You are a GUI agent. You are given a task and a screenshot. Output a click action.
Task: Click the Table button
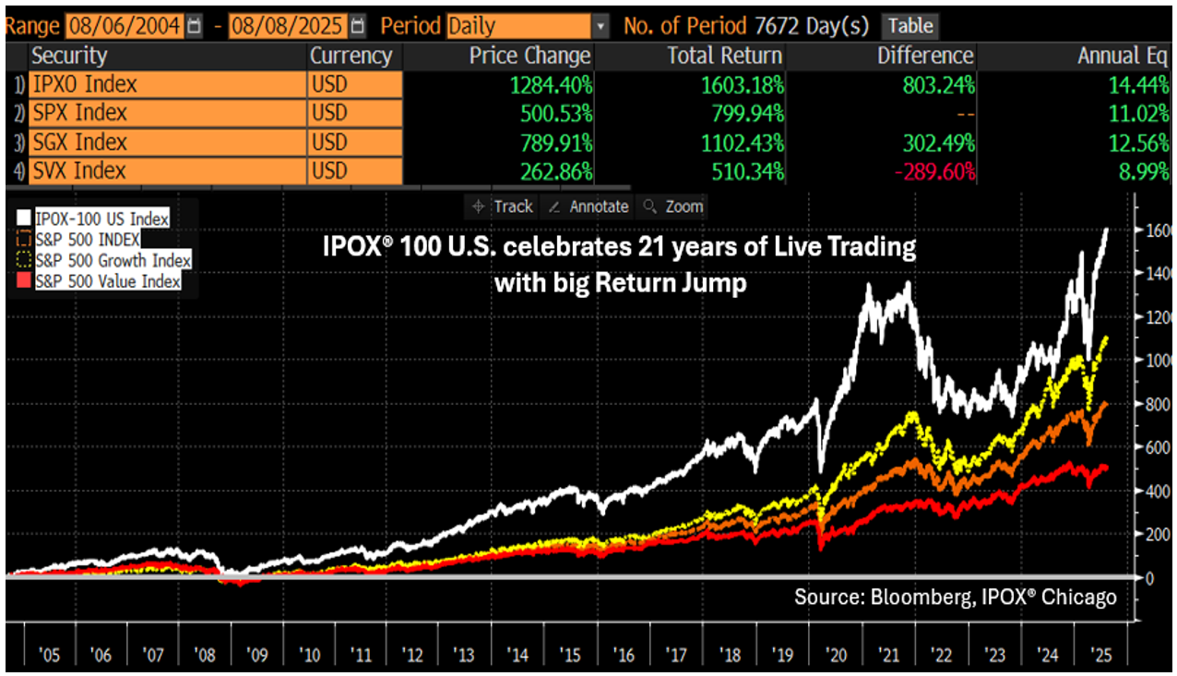click(x=910, y=26)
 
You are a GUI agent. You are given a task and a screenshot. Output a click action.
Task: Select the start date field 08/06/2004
click(x=125, y=26)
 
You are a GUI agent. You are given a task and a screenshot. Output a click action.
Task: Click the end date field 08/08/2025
click(x=288, y=26)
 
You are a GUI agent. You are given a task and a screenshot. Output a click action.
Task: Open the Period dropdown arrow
click(x=600, y=26)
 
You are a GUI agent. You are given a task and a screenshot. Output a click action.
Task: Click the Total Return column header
click(x=725, y=55)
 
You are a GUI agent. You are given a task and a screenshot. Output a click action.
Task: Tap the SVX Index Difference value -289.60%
click(x=934, y=172)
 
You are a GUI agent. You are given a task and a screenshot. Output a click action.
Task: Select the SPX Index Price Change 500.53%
click(x=556, y=113)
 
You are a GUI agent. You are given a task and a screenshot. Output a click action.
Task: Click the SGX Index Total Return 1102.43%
click(x=743, y=143)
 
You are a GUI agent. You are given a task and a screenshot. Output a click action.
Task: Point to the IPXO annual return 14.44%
click(x=1138, y=85)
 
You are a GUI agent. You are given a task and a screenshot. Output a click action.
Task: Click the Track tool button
click(x=503, y=207)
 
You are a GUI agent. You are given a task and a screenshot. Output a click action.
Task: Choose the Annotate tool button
click(x=588, y=207)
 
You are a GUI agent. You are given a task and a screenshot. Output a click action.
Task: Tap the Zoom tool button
click(x=673, y=207)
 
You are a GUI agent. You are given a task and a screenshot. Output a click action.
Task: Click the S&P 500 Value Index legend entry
click(x=99, y=281)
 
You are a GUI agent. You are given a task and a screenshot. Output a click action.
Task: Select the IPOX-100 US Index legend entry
click(x=93, y=219)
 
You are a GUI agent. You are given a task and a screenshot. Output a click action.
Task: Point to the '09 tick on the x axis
click(x=257, y=655)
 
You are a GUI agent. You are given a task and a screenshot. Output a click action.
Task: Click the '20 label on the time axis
click(x=836, y=655)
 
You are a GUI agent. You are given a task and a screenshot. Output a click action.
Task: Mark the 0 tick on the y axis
click(x=1149, y=578)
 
